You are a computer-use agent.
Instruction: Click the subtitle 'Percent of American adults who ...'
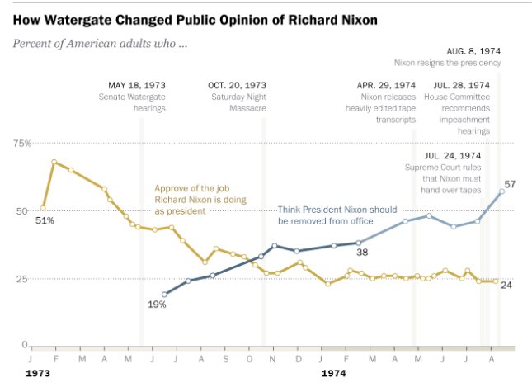pyautogui.click(x=101, y=42)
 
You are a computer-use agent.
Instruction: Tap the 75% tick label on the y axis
pyautogui.click(x=21, y=143)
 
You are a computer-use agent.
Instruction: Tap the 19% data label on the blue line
pyautogui.click(x=157, y=305)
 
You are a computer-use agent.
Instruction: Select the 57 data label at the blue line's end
pyautogui.click(x=510, y=183)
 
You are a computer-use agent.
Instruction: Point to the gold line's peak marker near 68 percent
pyautogui.click(x=54, y=162)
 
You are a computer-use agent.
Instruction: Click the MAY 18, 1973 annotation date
pyautogui.click(x=137, y=85)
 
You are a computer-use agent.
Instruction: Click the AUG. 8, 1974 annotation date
pyautogui.click(x=473, y=50)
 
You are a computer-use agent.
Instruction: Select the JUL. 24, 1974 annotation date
pyautogui.click(x=453, y=155)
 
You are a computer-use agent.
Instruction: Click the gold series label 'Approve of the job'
pyautogui.click(x=192, y=187)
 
